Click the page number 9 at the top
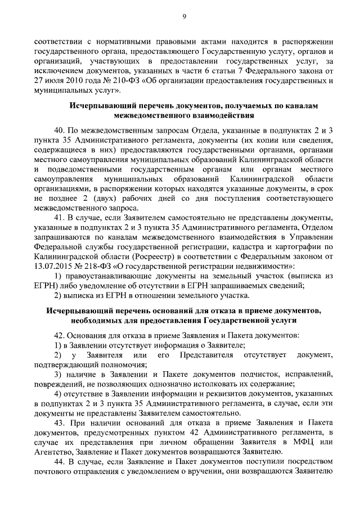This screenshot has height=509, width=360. (x=183, y=16)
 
